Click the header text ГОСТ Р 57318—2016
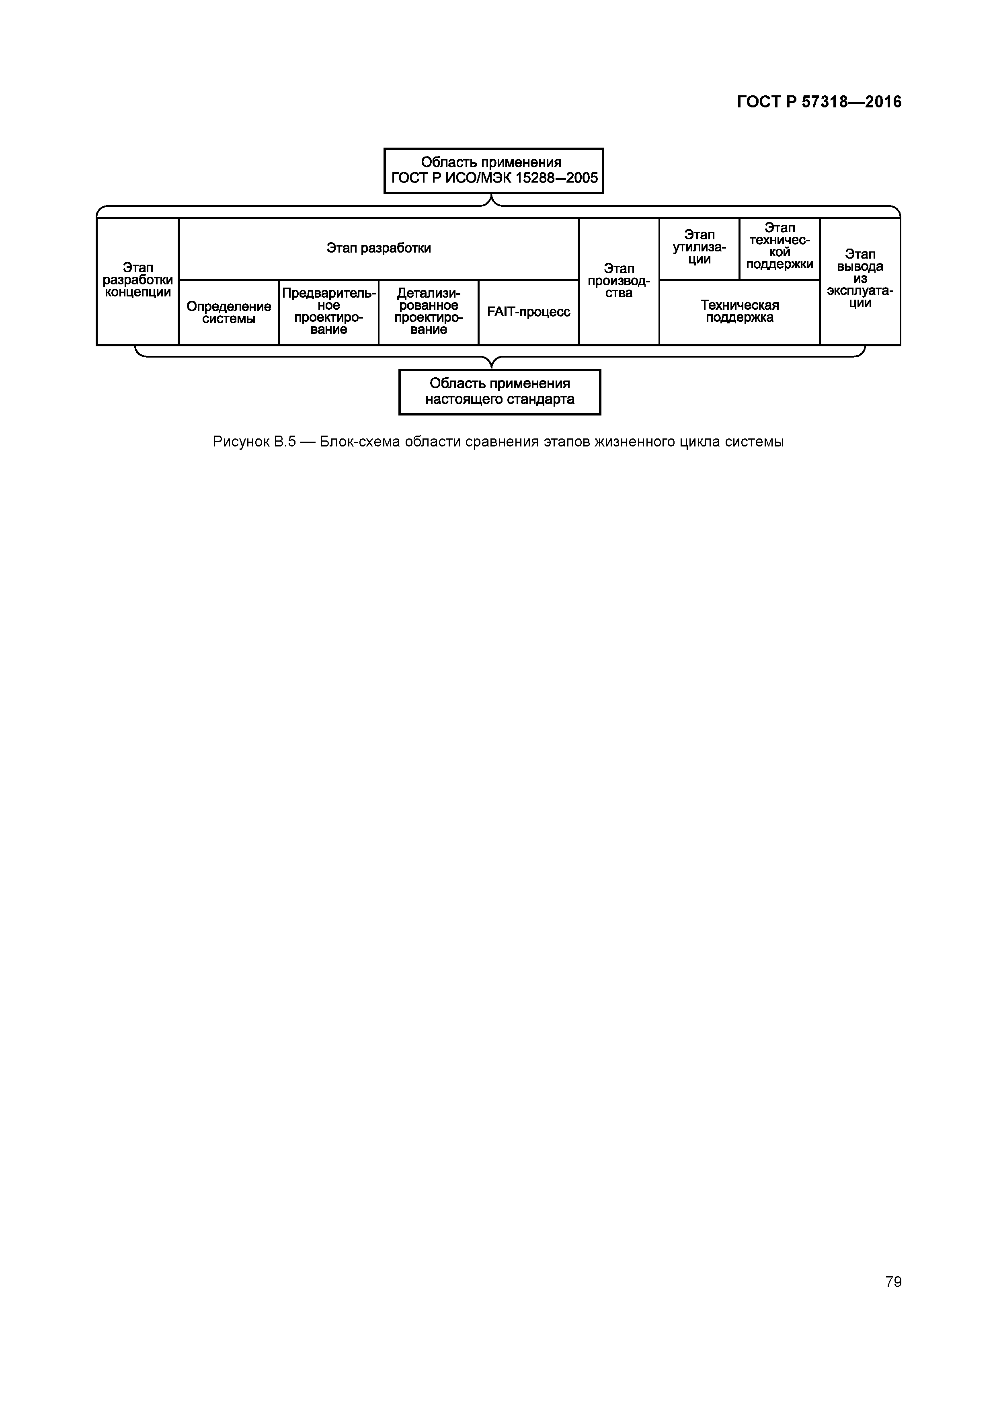tap(819, 102)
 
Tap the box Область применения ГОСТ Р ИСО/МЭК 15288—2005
tap(493, 171)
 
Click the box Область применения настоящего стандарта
tap(499, 392)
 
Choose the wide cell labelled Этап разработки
tap(378, 248)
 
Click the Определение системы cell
tap(228, 312)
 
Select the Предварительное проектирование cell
tap(328, 312)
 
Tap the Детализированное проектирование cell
tap(428, 312)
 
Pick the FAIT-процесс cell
tap(528, 312)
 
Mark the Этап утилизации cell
tap(699, 248)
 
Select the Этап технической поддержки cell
tap(780, 248)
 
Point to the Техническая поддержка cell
tap(740, 312)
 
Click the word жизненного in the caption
tap(634, 442)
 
